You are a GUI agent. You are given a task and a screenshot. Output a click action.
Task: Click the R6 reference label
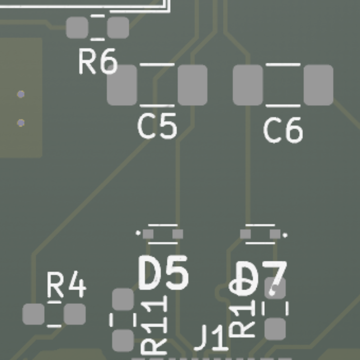97,62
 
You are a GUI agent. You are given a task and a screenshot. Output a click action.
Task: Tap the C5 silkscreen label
157,126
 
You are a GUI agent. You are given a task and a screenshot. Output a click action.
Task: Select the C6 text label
283,130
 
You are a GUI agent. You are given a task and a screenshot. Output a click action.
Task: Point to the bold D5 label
164,273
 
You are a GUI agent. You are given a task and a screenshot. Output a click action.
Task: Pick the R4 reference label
67,286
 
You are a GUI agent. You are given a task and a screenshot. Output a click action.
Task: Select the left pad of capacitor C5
122,85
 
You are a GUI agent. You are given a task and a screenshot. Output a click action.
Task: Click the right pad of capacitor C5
193,85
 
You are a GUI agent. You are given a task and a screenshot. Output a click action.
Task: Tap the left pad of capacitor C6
248,85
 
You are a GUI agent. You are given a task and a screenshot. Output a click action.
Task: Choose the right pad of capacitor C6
318,85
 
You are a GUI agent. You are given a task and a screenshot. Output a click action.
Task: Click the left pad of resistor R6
77,28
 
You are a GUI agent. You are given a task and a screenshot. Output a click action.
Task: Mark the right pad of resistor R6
118,28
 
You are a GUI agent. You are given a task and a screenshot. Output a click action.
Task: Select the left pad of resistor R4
34,314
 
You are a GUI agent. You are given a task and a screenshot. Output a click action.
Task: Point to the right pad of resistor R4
75,314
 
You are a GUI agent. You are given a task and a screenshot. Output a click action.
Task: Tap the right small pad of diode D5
177,234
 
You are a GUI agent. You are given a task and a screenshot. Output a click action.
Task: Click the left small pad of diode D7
245,234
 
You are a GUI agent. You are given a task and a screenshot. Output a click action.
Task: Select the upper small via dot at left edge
20,94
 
